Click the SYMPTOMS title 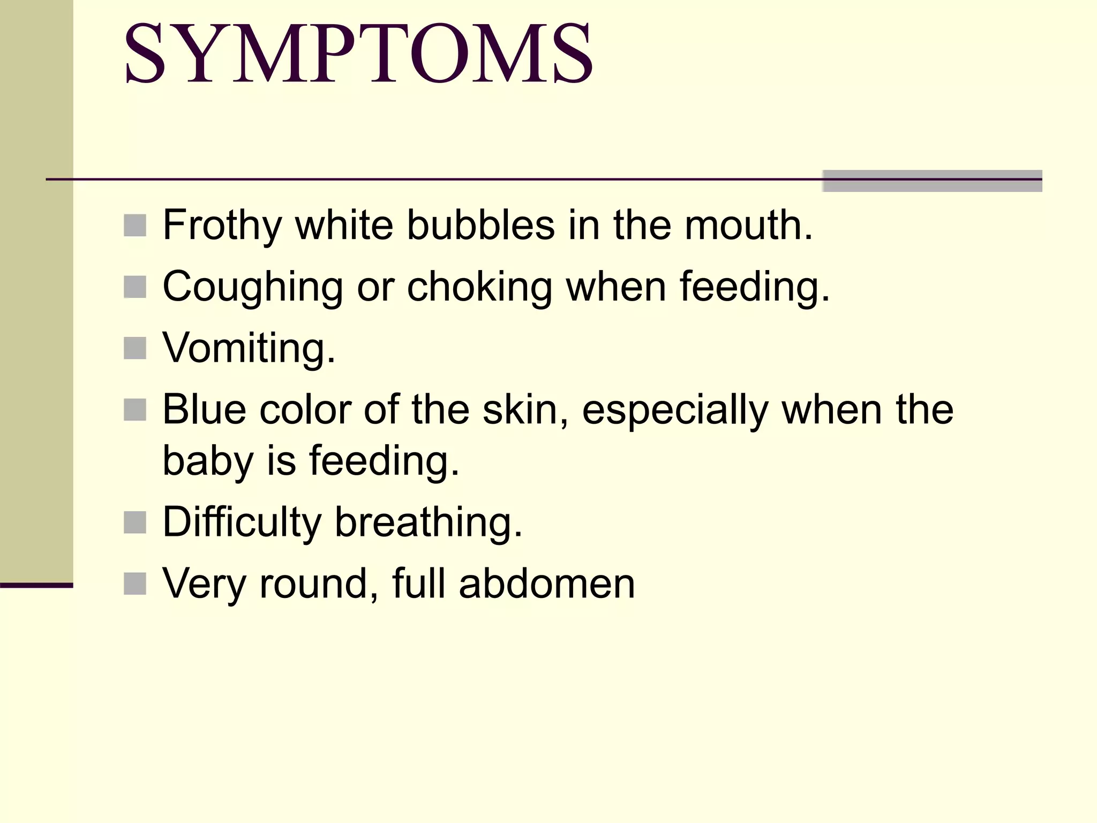[358, 54]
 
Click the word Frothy [222, 225]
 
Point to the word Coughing [252, 287]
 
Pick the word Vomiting [249, 348]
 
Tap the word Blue [204, 410]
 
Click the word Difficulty [242, 522]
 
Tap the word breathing [428, 522]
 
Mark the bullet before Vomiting [135, 348]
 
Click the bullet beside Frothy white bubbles [135, 226]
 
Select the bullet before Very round [135, 583]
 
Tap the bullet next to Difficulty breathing [135, 522]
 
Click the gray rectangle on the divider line [932, 181]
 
